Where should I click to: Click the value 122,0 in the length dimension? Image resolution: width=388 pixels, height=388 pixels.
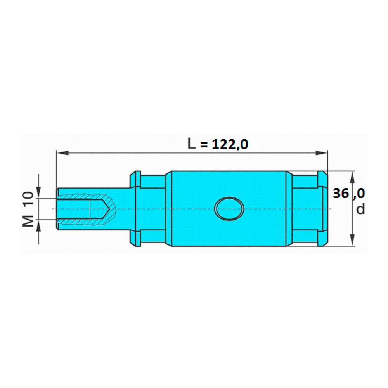pyautogui.click(x=230, y=144)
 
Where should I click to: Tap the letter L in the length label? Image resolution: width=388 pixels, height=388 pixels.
pyautogui.click(x=191, y=144)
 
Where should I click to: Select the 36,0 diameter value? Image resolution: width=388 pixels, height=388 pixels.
pyautogui.click(x=349, y=193)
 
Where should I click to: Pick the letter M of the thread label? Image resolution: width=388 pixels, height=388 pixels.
pyautogui.click(x=28, y=221)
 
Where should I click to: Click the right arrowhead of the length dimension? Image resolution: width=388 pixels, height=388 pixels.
pyautogui.click(x=321, y=153)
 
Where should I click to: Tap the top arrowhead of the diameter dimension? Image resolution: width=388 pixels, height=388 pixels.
pyautogui.click(x=353, y=177)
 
